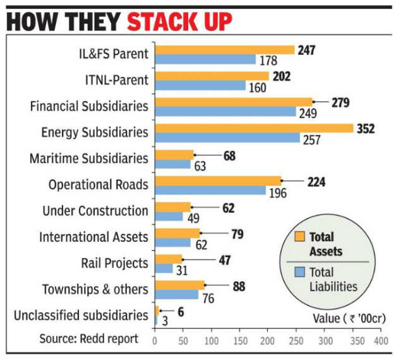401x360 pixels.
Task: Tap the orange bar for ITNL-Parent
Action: [212, 76]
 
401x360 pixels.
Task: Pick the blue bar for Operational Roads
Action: [210, 191]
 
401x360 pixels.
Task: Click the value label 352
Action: [365, 129]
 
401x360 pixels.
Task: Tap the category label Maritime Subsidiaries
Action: [89, 158]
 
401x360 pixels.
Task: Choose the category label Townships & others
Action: [95, 289]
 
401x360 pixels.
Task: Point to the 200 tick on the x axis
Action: [267, 340]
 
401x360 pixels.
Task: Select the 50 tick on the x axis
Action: [183, 340]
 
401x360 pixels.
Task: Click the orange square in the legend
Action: [300, 237]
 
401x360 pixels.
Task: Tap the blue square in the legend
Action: [300, 273]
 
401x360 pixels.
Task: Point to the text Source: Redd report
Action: [89, 339]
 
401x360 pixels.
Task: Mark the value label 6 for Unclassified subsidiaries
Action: [181, 311]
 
